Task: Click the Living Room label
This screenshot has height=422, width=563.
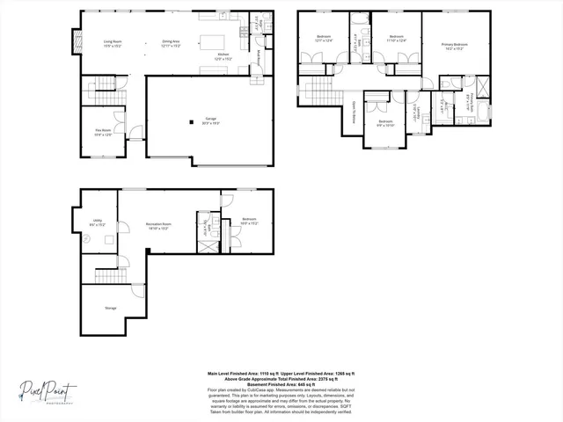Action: [x=112, y=43]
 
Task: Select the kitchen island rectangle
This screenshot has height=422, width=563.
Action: [x=212, y=42]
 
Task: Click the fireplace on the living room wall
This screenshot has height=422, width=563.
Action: [x=77, y=40]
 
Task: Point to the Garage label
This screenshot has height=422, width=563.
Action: [x=210, y=120]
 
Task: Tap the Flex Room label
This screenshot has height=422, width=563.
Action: [x=103, y=132]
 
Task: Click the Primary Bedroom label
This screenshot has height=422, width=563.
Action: [x=454, y=45]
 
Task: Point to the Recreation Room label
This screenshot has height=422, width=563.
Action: [x=158, y=226]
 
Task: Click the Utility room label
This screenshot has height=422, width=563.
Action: [x=98, y=223]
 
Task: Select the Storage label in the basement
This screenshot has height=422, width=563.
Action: [x=110, y=309]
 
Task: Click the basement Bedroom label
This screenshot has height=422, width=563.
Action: [x=249, y=221]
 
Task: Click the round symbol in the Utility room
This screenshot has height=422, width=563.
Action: [x=86, y=235]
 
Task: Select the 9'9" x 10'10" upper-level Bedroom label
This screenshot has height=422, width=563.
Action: [x=385, y=123]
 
